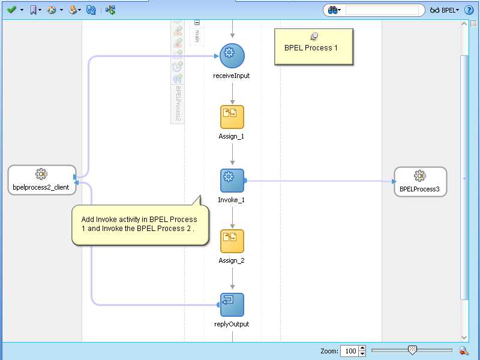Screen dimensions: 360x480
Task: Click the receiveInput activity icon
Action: click(232, 56)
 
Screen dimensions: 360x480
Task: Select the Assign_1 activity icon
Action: click(232, 117)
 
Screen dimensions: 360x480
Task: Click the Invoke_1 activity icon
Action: click(232, 180)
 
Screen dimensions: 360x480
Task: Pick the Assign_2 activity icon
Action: click(232, 241)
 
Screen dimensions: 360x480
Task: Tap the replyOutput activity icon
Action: click(232, 305)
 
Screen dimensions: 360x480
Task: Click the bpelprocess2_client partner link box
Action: click(41, 179)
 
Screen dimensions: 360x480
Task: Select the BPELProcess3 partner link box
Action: click(420, 181)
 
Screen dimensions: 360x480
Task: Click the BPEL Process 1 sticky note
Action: click(314, 47)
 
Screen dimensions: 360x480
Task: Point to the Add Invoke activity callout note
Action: click(140, 224)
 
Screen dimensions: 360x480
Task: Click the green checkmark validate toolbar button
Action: click(11, 10)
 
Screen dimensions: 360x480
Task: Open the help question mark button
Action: click(469, 10)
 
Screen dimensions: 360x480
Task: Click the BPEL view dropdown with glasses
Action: click(444, 10)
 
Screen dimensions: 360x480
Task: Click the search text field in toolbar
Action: click(382, 10)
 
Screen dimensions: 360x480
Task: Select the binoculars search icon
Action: click(334, 10)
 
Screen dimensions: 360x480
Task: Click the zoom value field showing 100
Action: click(349, 351)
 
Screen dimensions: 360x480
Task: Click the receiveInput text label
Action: click(232, 76)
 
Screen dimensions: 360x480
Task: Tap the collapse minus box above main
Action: click(197, 23)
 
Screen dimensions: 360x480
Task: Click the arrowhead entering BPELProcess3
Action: click(394, 181)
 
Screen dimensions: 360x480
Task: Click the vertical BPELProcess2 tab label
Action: click(178, 103)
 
